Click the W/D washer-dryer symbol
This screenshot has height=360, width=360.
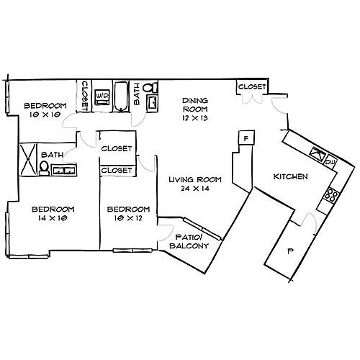(102, 97)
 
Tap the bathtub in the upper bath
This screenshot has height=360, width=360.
(121, 96)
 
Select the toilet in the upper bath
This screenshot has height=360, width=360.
(150, 87)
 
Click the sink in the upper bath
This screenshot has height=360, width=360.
(152, 103)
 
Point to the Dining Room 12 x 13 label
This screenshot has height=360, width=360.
(195, 109)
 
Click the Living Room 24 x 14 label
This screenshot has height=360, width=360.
(195, 184)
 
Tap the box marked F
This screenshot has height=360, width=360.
(246, 138)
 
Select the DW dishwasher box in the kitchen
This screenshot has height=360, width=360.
(331, 163)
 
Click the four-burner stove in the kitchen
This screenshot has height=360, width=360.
(331, 195)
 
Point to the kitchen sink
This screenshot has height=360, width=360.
(318, 153)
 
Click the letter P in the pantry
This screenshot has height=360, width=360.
(291, 251)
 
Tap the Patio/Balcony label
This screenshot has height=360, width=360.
(189, 241)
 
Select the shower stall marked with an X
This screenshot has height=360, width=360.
(28, 160)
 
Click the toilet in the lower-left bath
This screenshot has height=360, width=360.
(44, 168)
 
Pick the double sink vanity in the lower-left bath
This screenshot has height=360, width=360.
(64, 170)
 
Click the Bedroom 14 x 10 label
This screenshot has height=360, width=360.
(53, 213)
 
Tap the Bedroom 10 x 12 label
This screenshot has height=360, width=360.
(128, 213)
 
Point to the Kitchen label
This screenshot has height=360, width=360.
(291, 176)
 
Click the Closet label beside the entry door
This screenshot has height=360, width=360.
(252, 86)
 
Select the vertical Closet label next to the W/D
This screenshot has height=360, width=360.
(85, 96)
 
